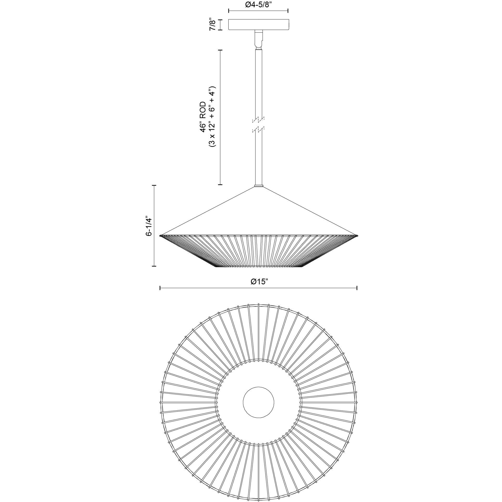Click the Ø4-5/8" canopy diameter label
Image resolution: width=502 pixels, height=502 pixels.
pos(258,4)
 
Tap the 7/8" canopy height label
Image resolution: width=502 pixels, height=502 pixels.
pos(213,25)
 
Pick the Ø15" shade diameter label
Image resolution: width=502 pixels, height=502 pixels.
pos(259,282)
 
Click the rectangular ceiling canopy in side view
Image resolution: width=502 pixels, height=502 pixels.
pos(258,24)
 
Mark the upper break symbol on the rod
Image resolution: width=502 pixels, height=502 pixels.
pos(258,120)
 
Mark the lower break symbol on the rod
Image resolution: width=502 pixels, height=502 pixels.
pos(258,129)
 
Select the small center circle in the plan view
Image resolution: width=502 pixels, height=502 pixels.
pos(258,409)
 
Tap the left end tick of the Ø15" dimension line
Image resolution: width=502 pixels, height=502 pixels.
pos(160,288)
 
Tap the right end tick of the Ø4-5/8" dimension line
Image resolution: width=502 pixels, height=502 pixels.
pos(288,11)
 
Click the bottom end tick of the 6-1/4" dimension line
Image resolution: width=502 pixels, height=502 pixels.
pos(154,266)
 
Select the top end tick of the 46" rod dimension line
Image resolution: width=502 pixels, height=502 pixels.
pos(221,50)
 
